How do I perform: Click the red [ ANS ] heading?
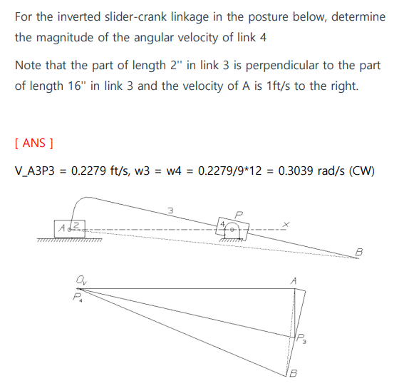[x=33, y=143]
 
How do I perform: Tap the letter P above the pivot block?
[x=239, y=213]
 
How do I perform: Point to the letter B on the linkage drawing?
[x=358, y=251]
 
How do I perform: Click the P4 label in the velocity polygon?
[x=78, y=298]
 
